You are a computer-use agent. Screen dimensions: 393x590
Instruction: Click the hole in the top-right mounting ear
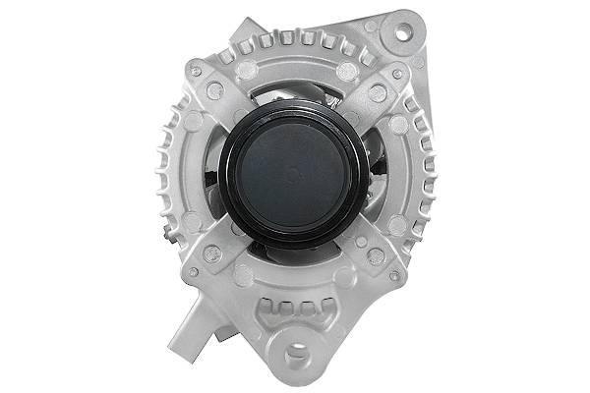401,32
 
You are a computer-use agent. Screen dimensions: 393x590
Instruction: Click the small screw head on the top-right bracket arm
398,74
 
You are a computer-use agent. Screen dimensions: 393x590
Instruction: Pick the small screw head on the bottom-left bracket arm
194,272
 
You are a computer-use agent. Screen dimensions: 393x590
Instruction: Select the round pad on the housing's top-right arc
346,72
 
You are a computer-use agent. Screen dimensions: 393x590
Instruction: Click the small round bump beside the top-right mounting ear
370,27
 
